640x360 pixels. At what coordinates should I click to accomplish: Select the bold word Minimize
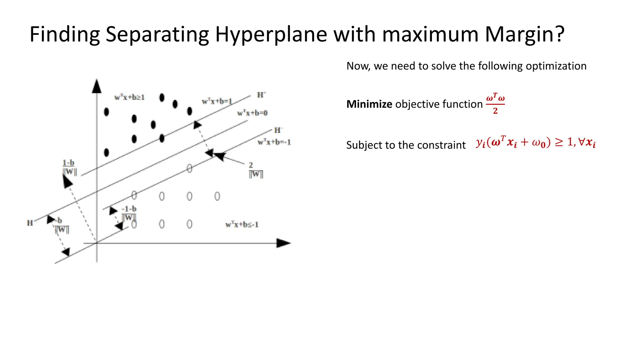[369, 104]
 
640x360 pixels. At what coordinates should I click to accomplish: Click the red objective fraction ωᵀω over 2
[495, 104]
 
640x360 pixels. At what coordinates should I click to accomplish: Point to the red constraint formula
[536, 143]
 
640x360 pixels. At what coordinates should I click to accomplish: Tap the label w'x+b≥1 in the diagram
[129, 97]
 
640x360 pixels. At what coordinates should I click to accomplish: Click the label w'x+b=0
[252, 113]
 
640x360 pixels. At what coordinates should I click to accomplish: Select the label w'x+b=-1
[274, 142]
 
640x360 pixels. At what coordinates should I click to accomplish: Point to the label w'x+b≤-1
[242, 224]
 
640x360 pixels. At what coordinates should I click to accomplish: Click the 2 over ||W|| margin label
[256, 170]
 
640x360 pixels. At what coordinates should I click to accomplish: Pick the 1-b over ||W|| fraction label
[69, 168]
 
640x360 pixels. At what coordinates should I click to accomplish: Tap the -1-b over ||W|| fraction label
[129, 213]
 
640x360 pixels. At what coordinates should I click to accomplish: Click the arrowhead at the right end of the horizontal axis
[283, 243]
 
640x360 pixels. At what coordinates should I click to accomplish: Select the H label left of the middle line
[30, 223]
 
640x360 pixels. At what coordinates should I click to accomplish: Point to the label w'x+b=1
[217, 101]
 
